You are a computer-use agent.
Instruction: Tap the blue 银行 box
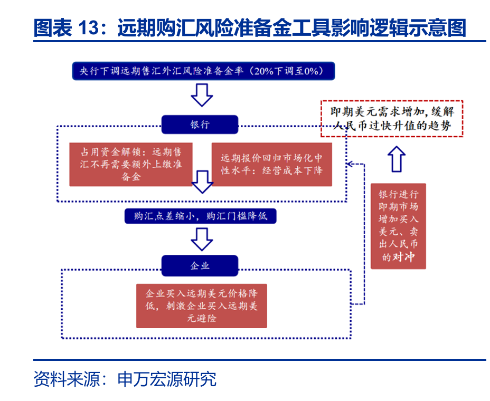(x=200, y=125)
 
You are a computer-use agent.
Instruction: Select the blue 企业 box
(x=200, y=265)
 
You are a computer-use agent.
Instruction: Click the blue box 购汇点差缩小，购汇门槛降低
(x=200, y=216)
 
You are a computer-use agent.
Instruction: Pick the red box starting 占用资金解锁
(x=130, y=164)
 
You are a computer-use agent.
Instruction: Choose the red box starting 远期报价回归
(x=271, y=164)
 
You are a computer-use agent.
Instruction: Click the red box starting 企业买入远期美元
(x=201, y=305)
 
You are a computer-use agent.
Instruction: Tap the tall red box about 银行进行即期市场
(x=398, y=226)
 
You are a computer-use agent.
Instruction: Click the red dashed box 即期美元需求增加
(x=392, y=119)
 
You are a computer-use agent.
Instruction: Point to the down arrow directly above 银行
(x=201, y=94)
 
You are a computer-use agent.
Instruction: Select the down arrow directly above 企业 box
(x=201, y=239)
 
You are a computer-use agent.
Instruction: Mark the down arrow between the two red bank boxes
(x=202, y=182)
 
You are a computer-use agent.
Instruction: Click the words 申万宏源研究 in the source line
(x=167, y=379)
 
